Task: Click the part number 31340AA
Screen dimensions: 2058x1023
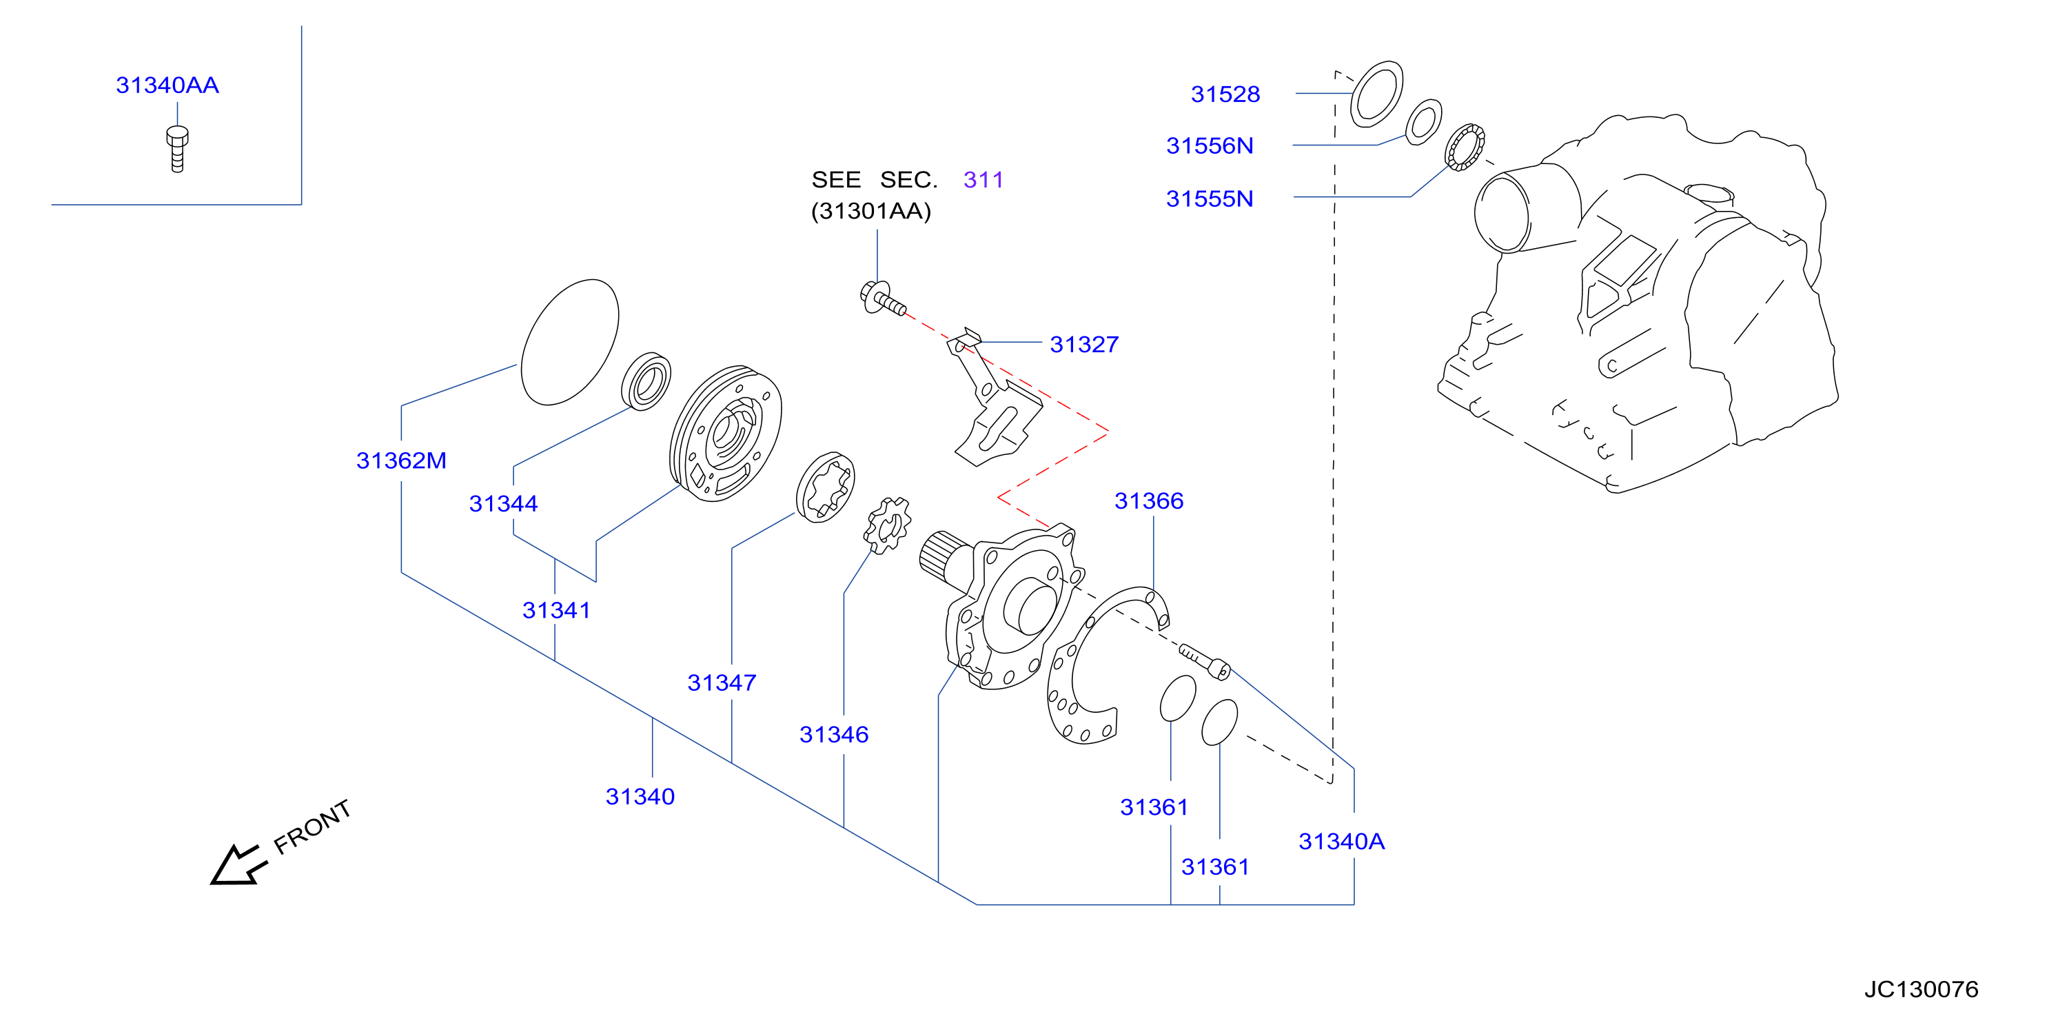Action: [167, 85]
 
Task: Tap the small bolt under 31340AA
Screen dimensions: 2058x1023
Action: [177, 149]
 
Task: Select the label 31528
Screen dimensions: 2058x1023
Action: [1225, 94]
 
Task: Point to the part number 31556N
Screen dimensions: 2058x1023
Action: [1210, 145]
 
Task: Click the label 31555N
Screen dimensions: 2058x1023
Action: [1210, 199]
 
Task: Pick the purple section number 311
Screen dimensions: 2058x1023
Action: [983, 180]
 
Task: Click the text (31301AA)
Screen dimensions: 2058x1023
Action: [870, 211]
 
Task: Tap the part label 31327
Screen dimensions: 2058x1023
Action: [1084, 345]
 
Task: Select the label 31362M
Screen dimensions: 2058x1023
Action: [401, 460]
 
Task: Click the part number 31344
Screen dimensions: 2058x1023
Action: [503, 503]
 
